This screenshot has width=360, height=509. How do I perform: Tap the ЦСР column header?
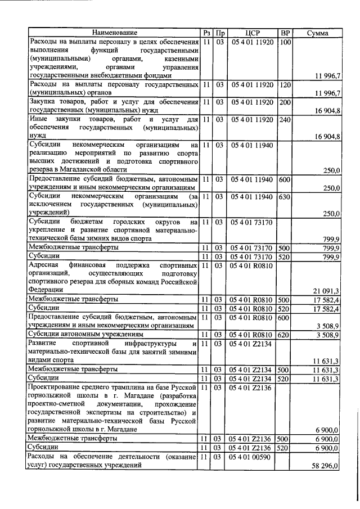(x=251, y=33)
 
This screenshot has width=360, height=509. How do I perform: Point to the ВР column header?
(x=285, y=33)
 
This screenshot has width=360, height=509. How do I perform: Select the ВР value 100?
(x=285, y=42)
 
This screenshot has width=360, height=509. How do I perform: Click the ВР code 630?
(x=285, y=196)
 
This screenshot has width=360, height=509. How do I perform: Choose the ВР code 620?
(x=285, y=334)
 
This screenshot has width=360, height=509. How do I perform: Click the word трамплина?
(x=112, y=387)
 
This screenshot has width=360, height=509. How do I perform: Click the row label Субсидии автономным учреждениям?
(x=85, y=335)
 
